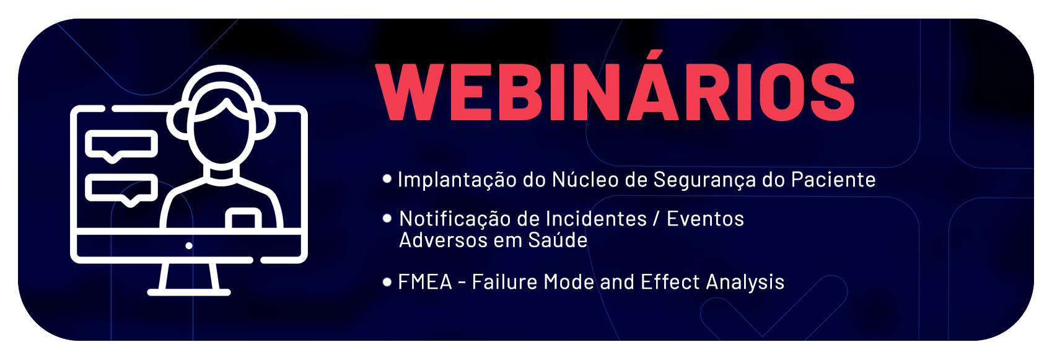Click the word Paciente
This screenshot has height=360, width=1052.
pos(833,180)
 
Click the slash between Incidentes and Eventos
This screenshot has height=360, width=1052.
pos(657,219)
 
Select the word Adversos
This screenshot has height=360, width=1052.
pos(443,240)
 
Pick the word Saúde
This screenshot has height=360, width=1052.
pos(558,240)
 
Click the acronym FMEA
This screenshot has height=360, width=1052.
pos(425,282)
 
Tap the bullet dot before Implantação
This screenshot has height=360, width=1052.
pos(387,178)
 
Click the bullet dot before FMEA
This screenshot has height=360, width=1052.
pos(387,282)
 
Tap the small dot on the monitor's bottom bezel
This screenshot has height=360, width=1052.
pos(189,246)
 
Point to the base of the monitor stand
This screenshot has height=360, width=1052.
pos(189,292)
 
